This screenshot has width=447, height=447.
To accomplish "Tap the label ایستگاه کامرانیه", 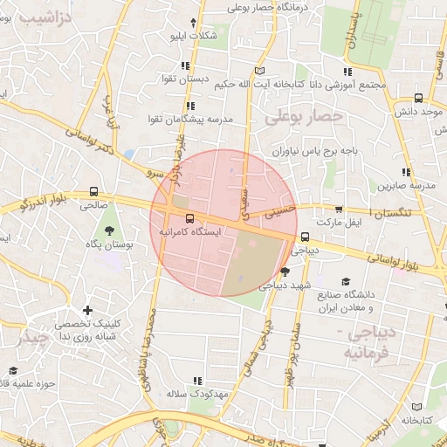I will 190,233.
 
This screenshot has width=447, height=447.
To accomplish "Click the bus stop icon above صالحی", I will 93,192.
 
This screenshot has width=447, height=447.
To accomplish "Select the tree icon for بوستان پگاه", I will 109,231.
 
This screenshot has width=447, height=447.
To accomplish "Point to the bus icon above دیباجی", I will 305,237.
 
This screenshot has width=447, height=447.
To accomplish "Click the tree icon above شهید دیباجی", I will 285,272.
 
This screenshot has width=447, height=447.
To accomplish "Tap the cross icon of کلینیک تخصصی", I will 87,310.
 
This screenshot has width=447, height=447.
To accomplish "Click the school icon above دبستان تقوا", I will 186,65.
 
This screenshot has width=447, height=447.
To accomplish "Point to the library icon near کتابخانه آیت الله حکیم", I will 258,71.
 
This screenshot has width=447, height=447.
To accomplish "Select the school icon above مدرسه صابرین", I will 404,171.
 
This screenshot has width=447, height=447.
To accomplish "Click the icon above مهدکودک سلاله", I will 197,380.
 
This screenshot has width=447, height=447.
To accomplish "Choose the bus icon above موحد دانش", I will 419,99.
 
